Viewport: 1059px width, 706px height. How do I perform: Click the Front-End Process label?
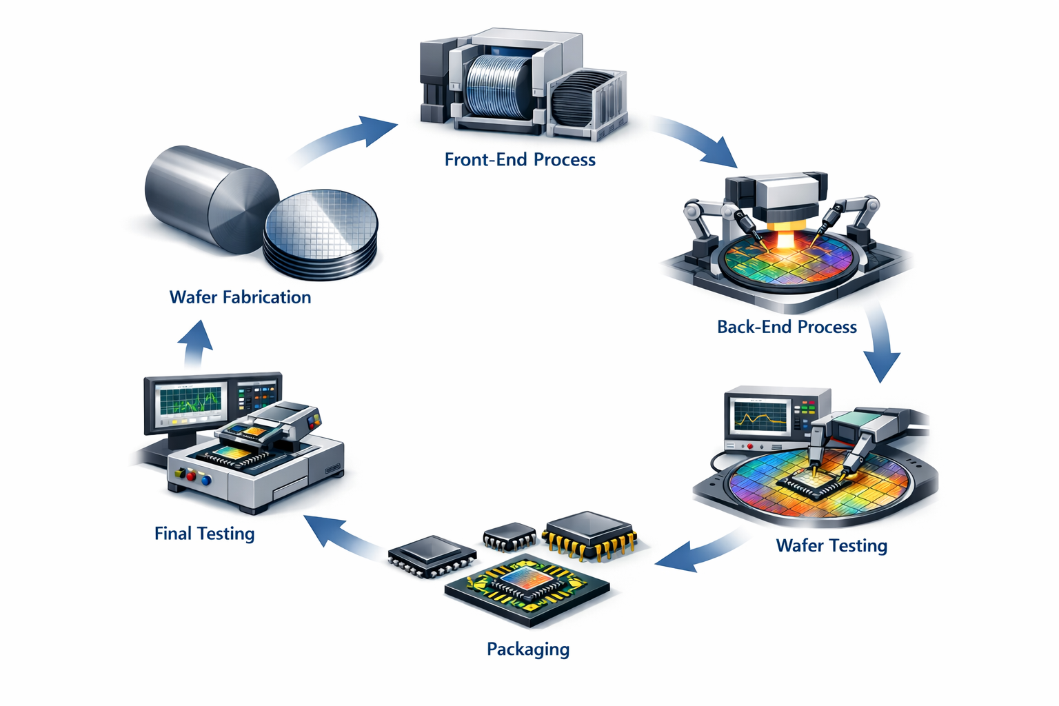[x=520, y=159]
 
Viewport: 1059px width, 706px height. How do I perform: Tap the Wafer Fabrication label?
[x=240, y=297]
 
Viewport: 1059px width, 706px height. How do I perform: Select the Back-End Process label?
[x=787, y=327]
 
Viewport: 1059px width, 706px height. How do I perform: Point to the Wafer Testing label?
[x=831, y=545]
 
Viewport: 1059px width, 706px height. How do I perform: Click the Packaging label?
[x=528, y=649]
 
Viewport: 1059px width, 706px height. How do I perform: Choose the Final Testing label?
[x=204, y=534]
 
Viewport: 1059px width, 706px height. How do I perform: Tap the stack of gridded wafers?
[x=321, y=234]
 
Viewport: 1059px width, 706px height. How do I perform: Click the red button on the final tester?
[x=191, y=476]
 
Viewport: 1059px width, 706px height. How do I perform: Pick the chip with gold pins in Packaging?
[x=589, y=535]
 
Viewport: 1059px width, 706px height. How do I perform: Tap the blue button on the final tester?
[x=206, y=481]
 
